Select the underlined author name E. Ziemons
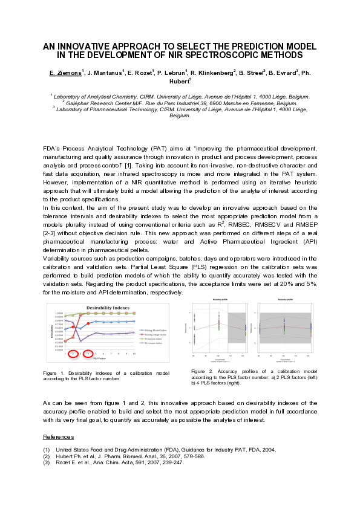(65, 73)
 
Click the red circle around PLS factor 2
(74, 352)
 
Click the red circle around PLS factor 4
(88, 352)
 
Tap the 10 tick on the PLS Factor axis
(133, 353)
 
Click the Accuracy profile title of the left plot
(219, 300)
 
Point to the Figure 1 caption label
(54, 374)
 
